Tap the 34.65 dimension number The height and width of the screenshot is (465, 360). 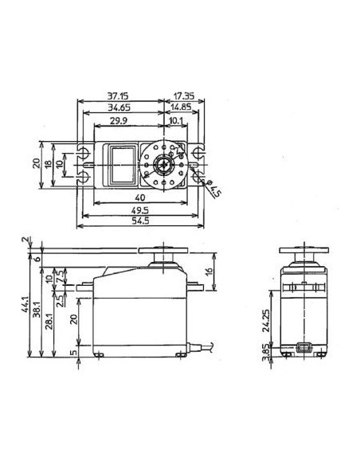click(120, 106)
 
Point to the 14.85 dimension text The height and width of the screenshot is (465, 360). click(183, 106)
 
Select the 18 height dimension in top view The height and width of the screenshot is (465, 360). click(49, 164)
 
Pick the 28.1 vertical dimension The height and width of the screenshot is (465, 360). click(49, 324)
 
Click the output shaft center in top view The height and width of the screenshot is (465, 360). click(163, 164)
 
